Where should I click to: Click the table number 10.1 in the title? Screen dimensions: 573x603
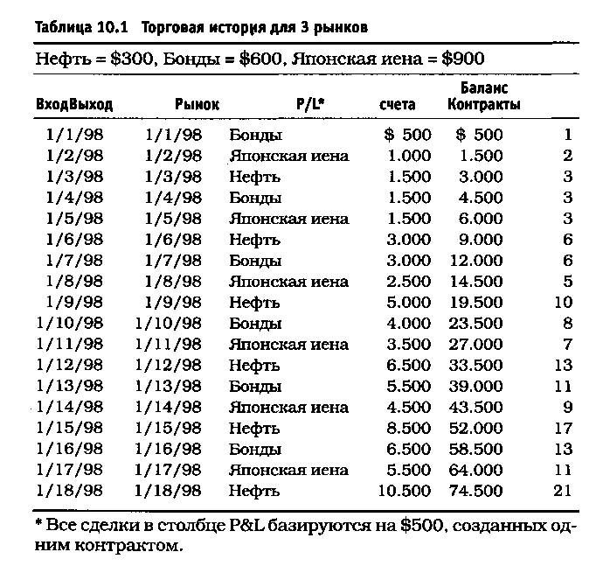click(114, 27)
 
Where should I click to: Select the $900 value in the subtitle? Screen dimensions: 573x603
click(461, 59)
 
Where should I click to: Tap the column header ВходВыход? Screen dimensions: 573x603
click(74, 105)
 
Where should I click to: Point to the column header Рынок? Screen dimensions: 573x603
click(197, 105)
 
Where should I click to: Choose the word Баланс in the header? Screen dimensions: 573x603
click(484, 88)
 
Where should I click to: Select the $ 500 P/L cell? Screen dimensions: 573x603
click(407, 135)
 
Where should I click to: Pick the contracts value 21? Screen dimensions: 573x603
click(563, 491)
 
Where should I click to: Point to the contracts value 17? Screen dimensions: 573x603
click(563, 428)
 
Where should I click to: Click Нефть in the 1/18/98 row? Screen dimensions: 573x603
click(254, 491)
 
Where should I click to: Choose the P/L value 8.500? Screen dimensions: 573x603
click(407, 428)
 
